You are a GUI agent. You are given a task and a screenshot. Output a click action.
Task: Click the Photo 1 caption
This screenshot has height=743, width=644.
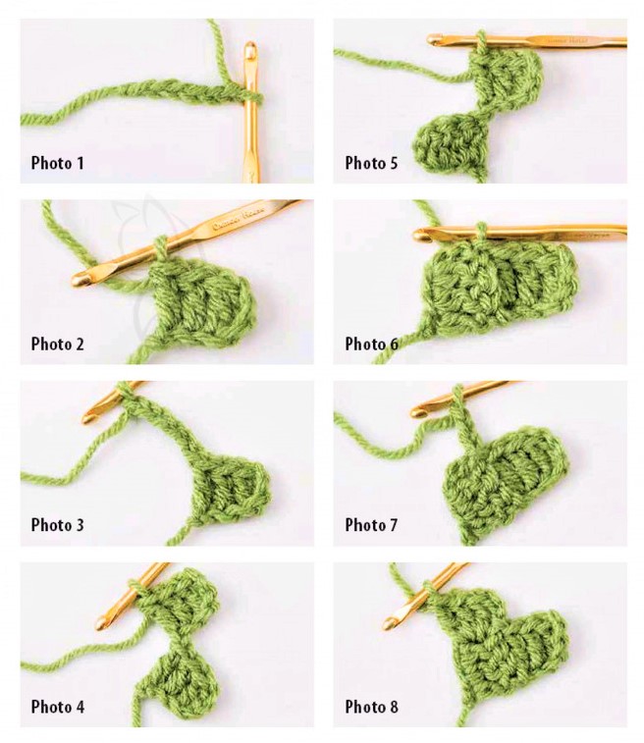tap(57, 163)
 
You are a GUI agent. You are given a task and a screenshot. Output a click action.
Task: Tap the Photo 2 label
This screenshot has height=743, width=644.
tap(57, 344)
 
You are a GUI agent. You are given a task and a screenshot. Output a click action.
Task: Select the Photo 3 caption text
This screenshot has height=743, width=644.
tap(57, 525)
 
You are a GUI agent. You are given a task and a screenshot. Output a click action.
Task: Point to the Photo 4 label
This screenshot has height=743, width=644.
tap(57, 707)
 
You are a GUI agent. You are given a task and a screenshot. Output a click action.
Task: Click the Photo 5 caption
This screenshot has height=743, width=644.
tap(371, 163)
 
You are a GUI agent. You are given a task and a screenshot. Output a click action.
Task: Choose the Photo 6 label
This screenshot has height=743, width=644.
tap(371, 344)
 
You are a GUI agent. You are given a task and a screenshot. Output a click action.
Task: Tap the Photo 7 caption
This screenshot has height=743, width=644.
tap(371, 525)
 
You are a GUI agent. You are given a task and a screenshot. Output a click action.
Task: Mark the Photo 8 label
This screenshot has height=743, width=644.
tap(371, 707)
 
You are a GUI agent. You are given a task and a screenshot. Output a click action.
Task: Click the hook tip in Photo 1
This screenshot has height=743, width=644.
tap(250, 47)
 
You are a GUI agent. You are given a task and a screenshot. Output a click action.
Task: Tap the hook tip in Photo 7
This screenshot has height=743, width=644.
tap(416, 411)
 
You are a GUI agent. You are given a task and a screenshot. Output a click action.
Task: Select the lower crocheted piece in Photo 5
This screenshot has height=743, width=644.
tap(452, 142)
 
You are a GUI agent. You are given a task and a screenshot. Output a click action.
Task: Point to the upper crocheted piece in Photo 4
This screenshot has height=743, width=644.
tap(180, 596)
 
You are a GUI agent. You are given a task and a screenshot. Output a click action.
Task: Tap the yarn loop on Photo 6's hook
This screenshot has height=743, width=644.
tap(480, 231)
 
